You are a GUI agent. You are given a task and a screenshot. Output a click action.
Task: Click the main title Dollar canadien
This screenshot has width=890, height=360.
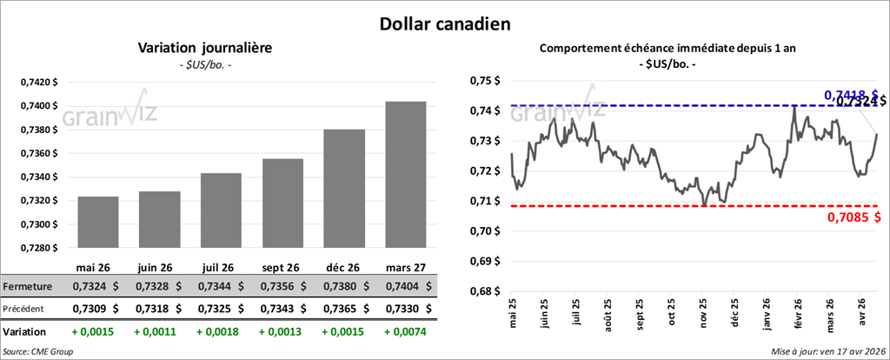(444, 22)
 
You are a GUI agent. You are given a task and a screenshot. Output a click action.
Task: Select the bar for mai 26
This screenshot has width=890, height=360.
(98, 222)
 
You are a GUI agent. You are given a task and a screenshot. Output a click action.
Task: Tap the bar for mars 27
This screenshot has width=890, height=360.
(405, 174)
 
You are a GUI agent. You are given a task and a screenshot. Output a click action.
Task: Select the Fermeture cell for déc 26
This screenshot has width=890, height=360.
(343, 286)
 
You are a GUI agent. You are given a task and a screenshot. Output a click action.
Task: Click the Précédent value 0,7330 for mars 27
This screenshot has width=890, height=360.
(405, 309)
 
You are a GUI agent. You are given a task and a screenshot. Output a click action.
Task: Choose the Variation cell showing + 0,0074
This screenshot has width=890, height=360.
(405, 332)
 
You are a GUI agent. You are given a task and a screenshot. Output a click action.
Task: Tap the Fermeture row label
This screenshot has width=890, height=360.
(30, 286)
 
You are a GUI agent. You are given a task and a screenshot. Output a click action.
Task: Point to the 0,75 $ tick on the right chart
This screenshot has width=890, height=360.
(485, 81)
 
